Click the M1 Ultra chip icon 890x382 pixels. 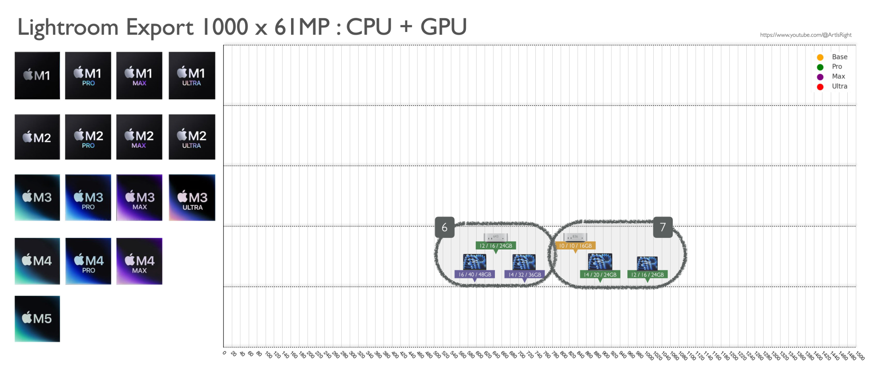pyautogui.click(x=192, y=76)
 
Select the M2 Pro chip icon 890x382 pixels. pyautogui.click(x=88, y=137)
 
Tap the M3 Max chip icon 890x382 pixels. pyautogui.click(x=139, y=197)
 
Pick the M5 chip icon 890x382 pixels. pyautogui.click(x=37, y=319)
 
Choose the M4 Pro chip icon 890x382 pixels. pyautogui.click(x=88, y=261)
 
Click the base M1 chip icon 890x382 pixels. pyautogui.click(x=37, y=76)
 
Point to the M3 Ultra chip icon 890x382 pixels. pyautogui.click(x=192, y=197)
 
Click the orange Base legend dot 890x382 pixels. pyautogui.click(x=820, y=57)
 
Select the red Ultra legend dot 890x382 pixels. pyautogui.click(x=820, y=87)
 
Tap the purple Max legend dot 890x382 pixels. pyautogui.click(x=820, y=77)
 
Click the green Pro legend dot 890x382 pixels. pyautogui.click(x=820, y=67)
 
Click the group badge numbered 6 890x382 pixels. pyautogui.click(x=445, y=227)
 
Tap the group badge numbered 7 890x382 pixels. pyautogui.click(x=663, y=227)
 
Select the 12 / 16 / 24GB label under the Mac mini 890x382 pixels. pyautogui.click(x=496, y=246)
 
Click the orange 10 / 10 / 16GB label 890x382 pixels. pyautogui.click(x=575, y=246)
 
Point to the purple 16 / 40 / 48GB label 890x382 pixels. pyautogui.click(x=475, y=275)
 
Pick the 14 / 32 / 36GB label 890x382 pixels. pyautogui.click(x=525, y=275)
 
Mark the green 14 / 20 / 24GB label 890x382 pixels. pyautogui.click(x=600, y=275)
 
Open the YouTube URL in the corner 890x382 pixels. pyautogui.click(x=805, y=35)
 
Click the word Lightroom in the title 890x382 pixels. pyautogui.click(x=68, y=28)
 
